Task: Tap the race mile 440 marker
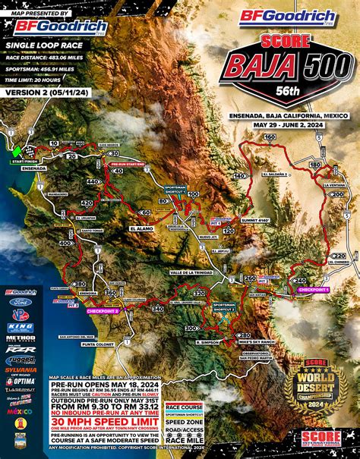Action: click(93, 183)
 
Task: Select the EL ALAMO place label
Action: click(141, 227)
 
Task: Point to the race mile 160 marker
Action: click(269, 137)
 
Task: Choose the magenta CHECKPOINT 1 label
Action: click(312, 290)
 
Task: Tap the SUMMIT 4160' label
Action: click(253, 219)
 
